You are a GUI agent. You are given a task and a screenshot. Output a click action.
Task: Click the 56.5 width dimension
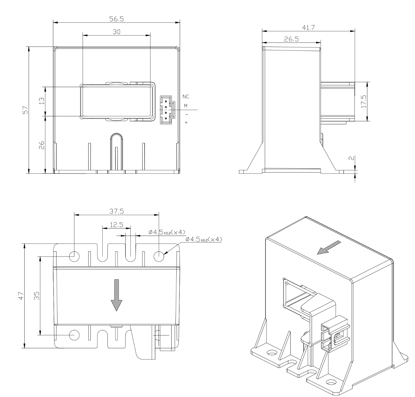tap(116, 19)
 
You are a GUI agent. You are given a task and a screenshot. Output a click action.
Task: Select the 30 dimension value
tap(116, 32)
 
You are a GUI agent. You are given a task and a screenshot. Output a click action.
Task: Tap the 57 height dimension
tap(25, 110)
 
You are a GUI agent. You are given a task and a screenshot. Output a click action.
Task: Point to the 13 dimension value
tap(42, 101)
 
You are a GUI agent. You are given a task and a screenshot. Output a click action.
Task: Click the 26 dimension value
tap(42, 145)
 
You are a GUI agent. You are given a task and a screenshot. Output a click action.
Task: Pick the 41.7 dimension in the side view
tap(308, 28)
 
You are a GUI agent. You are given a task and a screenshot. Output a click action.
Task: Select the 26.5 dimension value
tap(292, 39)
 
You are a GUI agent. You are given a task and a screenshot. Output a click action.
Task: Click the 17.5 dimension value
tap(363, 101)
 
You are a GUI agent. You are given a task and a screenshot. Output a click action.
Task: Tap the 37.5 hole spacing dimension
tap(116, 211)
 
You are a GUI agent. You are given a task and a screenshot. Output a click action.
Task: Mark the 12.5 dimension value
tap(116, 225)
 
